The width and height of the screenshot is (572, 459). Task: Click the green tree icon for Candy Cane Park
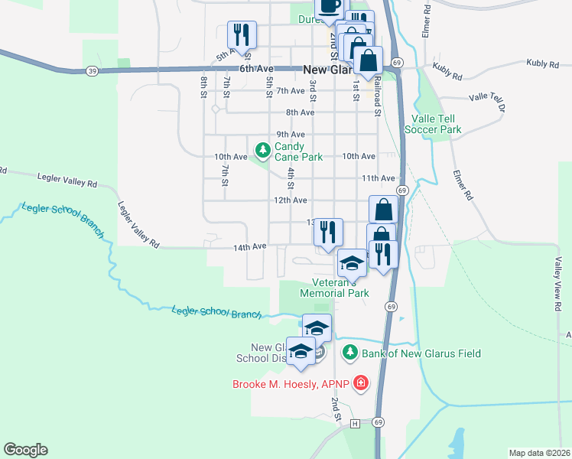point(262,148)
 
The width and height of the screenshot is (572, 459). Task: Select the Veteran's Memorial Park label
point(334,288)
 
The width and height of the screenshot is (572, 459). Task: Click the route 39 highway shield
point(92,70)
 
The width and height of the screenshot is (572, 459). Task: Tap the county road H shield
point(355,423)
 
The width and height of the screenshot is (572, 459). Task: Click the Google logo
point(25,450)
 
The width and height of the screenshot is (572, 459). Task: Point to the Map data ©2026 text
point(539,453)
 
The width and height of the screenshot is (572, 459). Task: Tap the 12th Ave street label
point(291,200)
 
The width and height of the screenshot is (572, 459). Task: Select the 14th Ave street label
point(249,247)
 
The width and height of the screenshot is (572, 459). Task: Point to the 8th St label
point(204,81)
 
